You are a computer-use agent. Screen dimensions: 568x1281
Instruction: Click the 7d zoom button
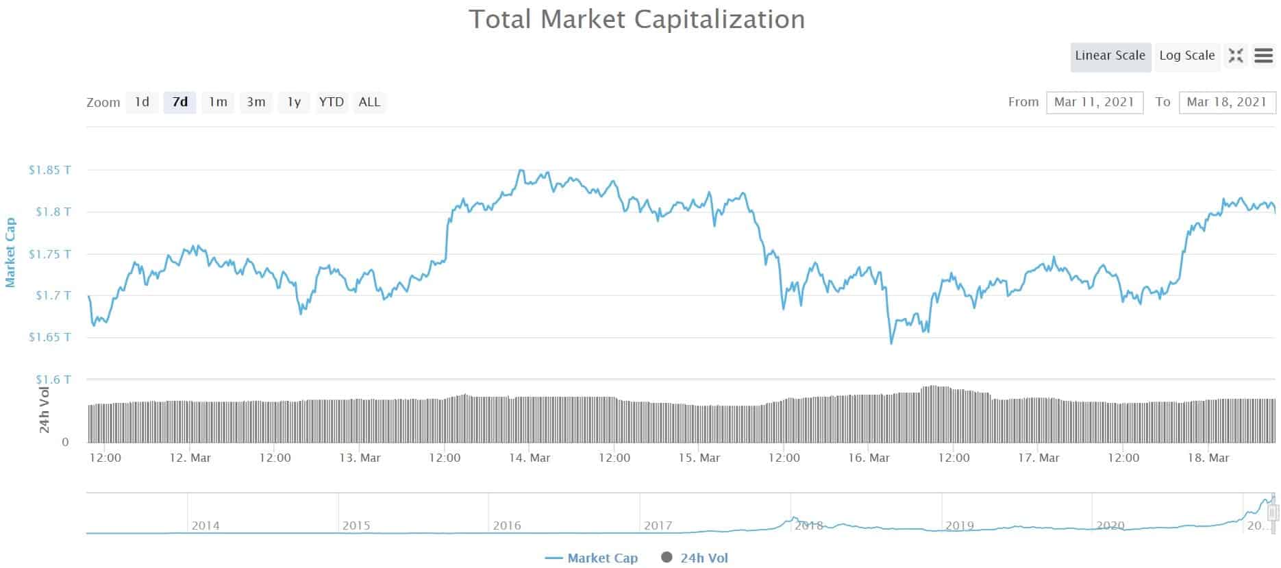click(179, 102)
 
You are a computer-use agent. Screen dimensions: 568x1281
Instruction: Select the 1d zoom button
click(142, 102)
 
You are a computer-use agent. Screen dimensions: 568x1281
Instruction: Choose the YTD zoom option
click(332, 102)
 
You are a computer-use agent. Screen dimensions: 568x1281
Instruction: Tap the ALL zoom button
click(369, 102)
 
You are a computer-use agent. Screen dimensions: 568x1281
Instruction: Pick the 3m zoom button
click(256, 102)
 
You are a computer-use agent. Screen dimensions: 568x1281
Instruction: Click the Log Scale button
click(1186, 56)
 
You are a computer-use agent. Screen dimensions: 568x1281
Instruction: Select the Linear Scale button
click(1110, 56)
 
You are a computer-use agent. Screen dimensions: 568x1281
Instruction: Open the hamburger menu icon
click(1263, 55)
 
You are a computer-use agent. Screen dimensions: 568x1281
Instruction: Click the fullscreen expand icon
click(1236, 55)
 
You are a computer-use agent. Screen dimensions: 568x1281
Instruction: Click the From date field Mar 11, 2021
click(1094, 102)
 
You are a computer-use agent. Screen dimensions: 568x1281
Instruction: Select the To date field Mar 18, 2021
click(1227, 102)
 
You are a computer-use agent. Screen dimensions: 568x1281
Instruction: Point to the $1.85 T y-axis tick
click(49, 170)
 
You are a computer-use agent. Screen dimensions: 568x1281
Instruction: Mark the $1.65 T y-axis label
click(49, 337)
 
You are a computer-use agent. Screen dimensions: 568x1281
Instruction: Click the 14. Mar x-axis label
click(530, 458)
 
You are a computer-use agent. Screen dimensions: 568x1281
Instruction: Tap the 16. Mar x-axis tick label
click(869, 458)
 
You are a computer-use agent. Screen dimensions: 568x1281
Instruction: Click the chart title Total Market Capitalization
click(636, 19)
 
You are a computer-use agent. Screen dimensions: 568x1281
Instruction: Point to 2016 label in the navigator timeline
click(507, 526)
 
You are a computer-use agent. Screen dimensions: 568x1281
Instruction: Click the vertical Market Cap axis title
click(10, 252)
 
